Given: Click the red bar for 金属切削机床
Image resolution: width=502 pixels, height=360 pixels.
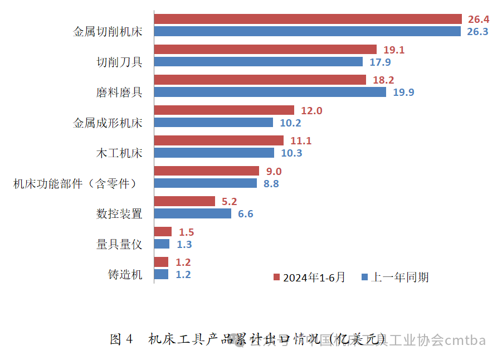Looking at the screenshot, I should [308, 19].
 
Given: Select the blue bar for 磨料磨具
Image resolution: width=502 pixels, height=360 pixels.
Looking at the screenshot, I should [270, 92].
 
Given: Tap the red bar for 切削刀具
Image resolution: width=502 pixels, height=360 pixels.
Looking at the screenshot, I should [265, 50].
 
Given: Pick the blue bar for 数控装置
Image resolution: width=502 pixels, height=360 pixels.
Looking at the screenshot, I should [192, 213].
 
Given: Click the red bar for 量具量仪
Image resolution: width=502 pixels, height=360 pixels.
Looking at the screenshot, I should [162, 232].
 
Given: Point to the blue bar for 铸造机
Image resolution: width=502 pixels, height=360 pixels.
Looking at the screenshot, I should [161, 274].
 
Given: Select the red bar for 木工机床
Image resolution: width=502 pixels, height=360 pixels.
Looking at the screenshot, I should [218, 140].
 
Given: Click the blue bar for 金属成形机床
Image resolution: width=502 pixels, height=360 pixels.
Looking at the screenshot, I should [213, 123].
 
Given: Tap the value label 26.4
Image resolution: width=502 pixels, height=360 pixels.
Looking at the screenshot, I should [477, 20].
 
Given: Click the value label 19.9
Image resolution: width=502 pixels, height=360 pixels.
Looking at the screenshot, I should [403, 93].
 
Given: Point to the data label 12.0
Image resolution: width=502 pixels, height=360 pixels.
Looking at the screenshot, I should [311, 111].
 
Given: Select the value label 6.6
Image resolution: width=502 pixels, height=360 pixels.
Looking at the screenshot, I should [246, 214].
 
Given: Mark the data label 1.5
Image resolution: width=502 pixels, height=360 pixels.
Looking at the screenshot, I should [186, 232].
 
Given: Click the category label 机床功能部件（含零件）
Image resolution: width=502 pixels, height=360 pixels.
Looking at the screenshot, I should [75, 183].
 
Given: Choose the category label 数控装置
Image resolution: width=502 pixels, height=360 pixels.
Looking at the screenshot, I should [119, 213].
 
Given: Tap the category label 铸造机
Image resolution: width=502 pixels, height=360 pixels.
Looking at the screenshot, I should [125, 274].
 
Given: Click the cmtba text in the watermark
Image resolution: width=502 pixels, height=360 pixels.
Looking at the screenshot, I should [465, 340].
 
